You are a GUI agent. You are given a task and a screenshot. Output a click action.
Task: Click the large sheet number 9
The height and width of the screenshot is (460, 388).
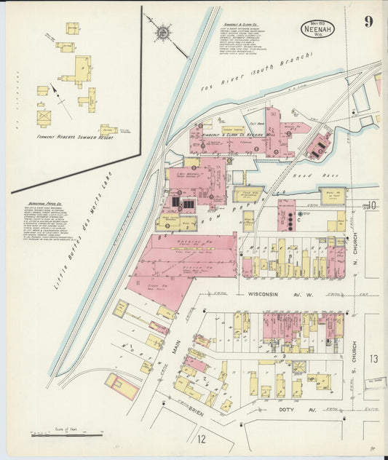point(370,21)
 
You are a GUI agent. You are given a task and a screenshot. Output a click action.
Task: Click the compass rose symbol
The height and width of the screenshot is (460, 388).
point(162,32)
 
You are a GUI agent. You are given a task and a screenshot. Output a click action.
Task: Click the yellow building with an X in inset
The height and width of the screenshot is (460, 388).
point(44,115)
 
